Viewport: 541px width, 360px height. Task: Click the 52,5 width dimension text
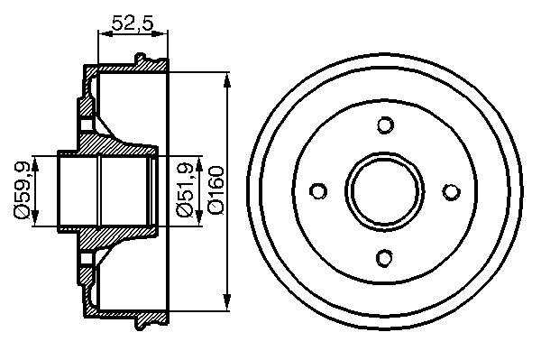coord(132,23)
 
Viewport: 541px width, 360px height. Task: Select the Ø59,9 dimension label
coord(22,190)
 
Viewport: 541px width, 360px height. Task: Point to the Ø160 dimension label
coord(216,190)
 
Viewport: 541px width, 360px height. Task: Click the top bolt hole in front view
coord(385,125)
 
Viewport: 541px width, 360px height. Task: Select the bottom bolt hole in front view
coord(385,257)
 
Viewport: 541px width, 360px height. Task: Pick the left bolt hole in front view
coord(318,191)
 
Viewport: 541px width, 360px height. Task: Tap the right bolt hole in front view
coord(451,191)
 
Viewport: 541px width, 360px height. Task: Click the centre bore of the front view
coord(385,191)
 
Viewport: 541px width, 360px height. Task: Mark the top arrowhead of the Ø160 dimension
coord(226,81)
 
